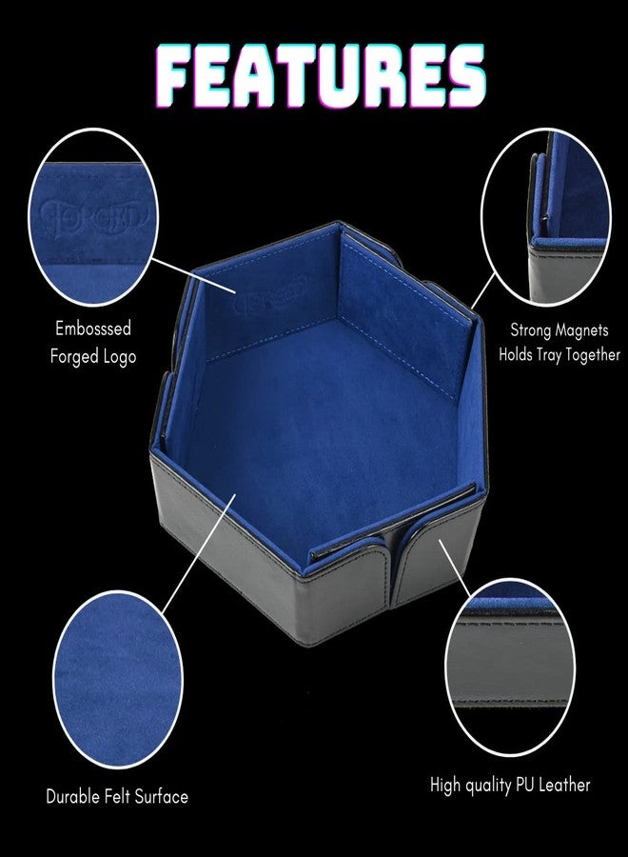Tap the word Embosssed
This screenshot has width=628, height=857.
pos(91,329)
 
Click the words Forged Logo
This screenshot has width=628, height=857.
pos(93,356)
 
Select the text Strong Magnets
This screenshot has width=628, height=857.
pos(559,330)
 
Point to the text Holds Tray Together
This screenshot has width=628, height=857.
pos(559,354)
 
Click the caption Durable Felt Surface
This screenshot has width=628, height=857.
pos(117,796)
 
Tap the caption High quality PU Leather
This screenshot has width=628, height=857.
pos(509,785)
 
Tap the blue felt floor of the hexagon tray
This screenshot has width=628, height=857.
pos(304,419)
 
